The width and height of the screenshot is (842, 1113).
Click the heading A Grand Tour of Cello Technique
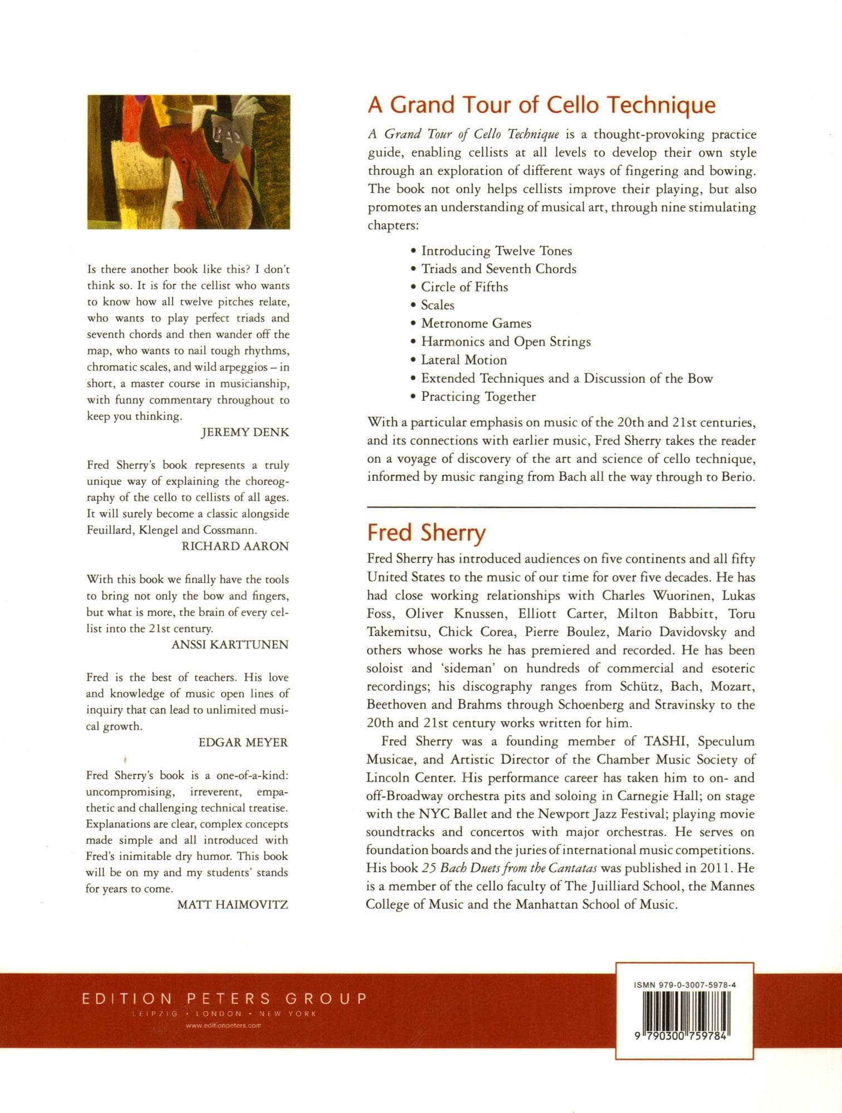(x=541, y=105)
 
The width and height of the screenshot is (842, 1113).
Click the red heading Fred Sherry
(x=426, y=533)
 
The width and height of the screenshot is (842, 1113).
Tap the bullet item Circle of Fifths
(x=464, y=287)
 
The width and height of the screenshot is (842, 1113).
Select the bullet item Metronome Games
(x=476, y=323)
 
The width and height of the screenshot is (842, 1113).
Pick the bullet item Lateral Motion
(x=463, y=360)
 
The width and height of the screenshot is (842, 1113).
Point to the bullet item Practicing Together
(x=478, y=397)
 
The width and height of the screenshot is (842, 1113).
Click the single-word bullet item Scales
(x=437, y=306)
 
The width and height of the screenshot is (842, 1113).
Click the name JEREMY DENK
(x=245, y=432)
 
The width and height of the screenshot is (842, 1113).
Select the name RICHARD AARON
(x=235, y=546)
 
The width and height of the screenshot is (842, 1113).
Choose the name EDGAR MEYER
(x=243, y=742)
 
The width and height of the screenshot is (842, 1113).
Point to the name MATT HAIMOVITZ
(x=232, y=905)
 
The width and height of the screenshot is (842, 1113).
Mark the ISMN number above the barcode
(x=684, y=985)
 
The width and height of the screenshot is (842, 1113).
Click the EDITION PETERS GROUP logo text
(x=224, y=998)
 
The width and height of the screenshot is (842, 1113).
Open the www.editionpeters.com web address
(x=224, y=1026)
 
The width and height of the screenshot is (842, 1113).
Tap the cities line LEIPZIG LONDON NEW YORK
(x=224, y=1014)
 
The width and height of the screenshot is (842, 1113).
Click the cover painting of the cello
(x=189, y=162)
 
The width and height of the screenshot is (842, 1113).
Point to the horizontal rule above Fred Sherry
(x=561, y=508)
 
